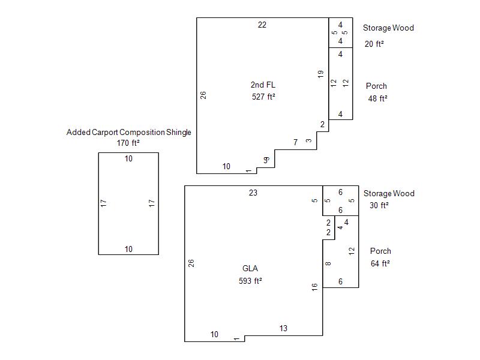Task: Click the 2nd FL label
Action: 263,85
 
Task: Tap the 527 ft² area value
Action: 263,96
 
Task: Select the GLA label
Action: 250,269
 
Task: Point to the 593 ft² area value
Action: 250,280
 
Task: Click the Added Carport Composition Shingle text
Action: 128,132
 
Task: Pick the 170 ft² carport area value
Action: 128,143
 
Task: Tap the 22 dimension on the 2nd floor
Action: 262,25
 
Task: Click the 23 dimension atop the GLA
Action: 253,193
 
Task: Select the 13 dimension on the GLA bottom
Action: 283,328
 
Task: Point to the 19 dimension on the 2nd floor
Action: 321,74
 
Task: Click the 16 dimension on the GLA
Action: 315,287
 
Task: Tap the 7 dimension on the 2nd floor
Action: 295,142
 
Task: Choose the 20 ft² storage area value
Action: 374,44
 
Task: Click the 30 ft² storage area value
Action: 379,205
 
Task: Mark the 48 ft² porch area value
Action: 378,98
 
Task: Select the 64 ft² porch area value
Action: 380,263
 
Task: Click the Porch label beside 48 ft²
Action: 376,86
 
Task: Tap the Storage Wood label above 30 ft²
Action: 389,193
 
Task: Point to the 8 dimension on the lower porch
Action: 328,264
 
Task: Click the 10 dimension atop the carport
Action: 128,158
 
